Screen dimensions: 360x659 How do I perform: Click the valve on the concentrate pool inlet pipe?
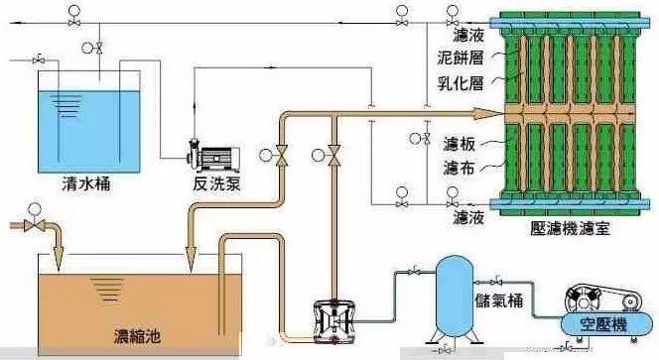[36, 226]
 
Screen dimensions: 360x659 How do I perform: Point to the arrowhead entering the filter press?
[487, 112]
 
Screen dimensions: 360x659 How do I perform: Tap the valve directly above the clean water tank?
[99, 48]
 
